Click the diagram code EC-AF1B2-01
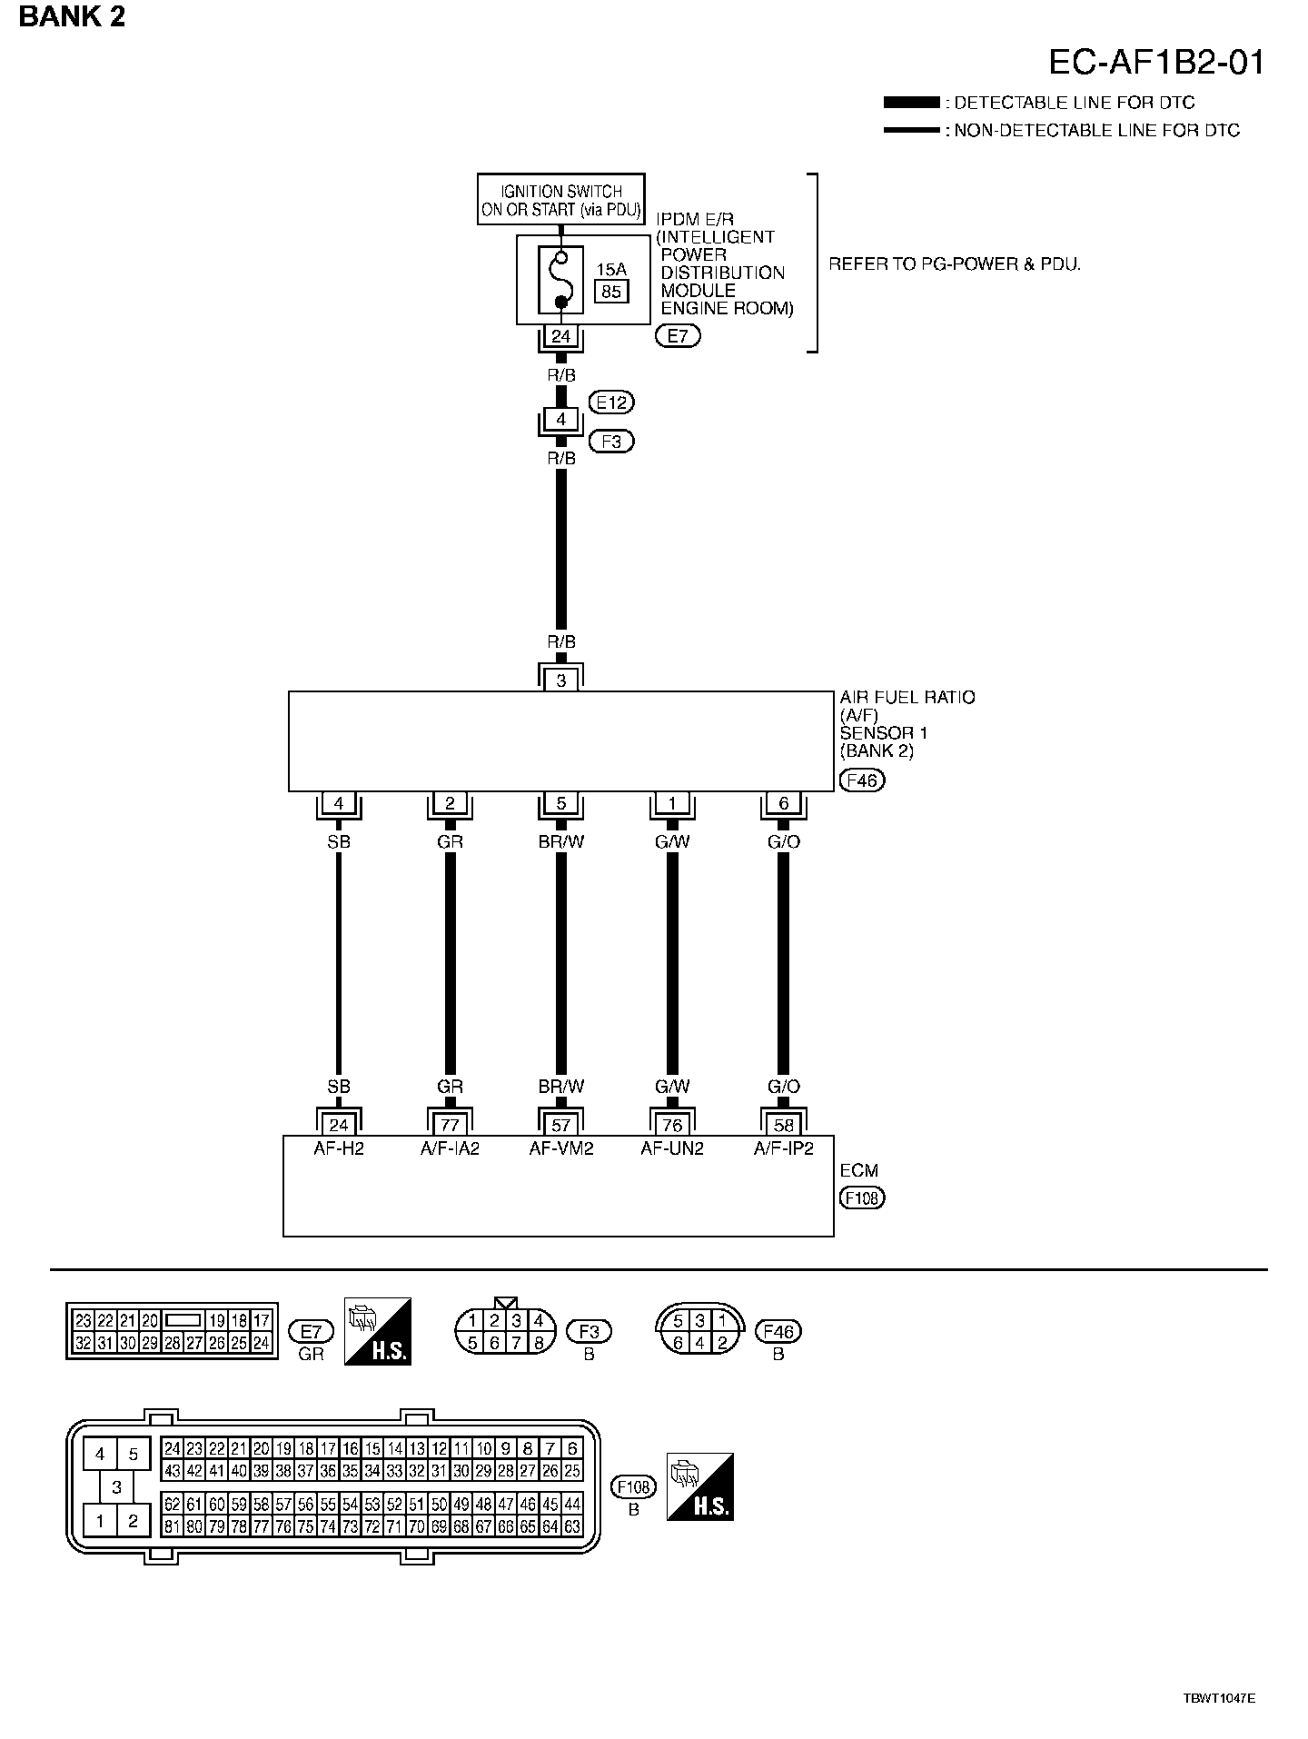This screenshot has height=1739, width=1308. pos(1155,62)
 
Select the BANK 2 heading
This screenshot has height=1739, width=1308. pos(72,16)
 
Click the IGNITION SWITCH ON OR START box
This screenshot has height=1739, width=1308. pos(560,199)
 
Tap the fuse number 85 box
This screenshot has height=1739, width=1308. pos(611,292)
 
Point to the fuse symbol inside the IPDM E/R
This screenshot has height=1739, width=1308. pos(561,278)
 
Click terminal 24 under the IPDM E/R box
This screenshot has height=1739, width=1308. pos(560,336)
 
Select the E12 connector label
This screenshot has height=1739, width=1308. pos(611,402)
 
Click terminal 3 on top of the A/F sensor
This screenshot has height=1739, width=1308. pos(560,680)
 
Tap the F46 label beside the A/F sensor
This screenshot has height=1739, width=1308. pos(862,780)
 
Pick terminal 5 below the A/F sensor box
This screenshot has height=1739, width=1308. pos(560,803)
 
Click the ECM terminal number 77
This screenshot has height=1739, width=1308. pos(450,1125)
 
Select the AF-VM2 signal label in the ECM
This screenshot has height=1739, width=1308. pos(560,1148)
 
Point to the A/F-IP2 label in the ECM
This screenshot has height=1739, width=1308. pos(783,1148)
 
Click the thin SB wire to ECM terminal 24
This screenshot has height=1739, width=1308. pos(339,963)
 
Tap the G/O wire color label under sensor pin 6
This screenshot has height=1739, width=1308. pos(783,841)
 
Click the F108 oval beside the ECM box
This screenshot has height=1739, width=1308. pos(862,1197)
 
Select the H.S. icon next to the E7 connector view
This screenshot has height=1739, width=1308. pos(378,1331)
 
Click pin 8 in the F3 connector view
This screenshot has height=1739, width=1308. pos(538,1342)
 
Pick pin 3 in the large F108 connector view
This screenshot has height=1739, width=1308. pos(116,1487)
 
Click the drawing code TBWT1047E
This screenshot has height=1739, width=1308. pos(1218,1697)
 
